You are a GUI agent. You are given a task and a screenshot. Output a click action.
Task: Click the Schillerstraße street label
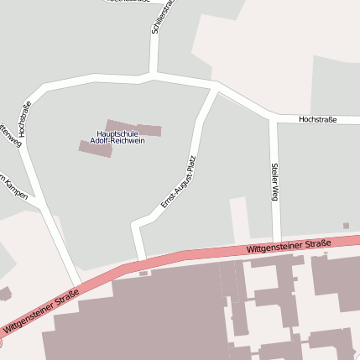162,17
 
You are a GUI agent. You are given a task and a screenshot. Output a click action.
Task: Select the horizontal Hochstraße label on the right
318,120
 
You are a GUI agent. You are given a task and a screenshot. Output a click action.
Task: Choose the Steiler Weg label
274,181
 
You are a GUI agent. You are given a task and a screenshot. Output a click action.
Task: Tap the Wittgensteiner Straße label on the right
290,246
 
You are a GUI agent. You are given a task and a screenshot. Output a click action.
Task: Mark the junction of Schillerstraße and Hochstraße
153,76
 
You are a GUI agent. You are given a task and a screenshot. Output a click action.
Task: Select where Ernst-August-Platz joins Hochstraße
215,87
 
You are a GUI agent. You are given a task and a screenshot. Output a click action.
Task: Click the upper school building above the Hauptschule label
133,128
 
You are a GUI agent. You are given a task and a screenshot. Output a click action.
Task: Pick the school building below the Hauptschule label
95,149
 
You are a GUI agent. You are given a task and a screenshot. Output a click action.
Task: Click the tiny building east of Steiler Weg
346,226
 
